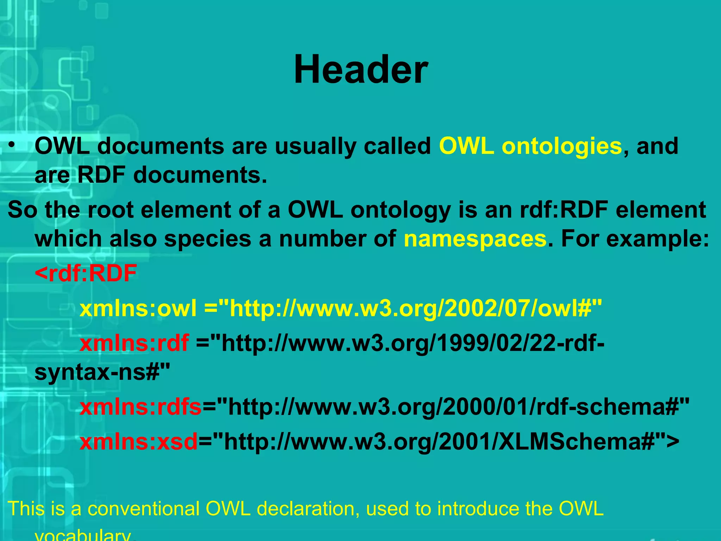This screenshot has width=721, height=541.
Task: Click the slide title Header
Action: [x=361, y=69]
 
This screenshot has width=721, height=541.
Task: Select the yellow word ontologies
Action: [x=562, y=146]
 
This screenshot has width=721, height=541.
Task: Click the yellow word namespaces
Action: [x=475, y=239]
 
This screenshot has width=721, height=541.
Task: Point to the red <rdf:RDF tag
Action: [x=86, y=273]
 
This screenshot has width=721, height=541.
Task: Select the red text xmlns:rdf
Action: [x=134, y=343]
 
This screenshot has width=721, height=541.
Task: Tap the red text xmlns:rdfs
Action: [x=140, y=407]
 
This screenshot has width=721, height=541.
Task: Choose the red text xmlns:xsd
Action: [x=138, y=442]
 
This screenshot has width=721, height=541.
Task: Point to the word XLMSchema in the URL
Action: [x=571, y=442]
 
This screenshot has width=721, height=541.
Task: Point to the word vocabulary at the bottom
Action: [x=83, y=535]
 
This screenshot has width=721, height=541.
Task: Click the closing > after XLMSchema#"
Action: [x=672, y=442]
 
